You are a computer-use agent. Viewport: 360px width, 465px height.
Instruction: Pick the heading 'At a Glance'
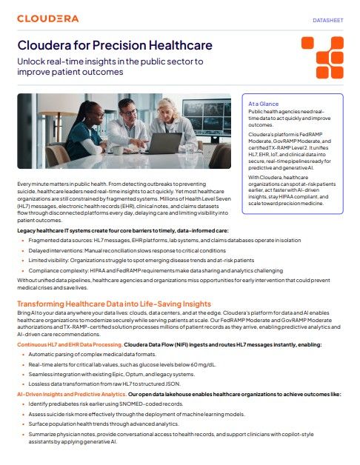(264, 104)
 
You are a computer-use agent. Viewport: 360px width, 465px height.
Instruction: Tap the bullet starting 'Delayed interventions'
(134, 250)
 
